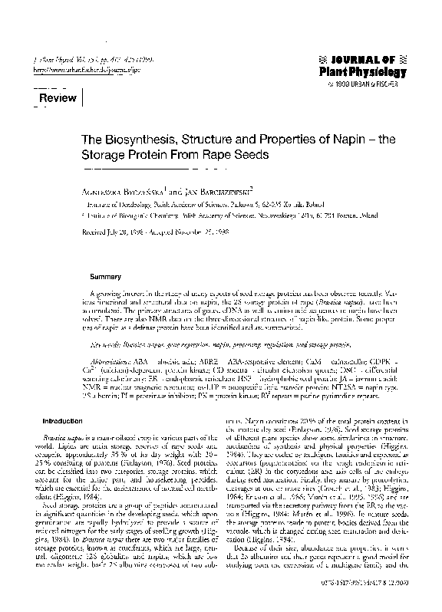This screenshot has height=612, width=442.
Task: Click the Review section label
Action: click(x=58, y=99)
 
